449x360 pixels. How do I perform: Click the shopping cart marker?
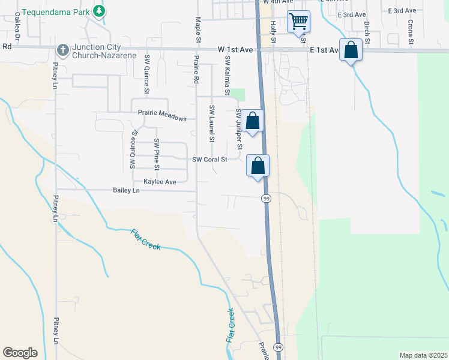pos(298,22)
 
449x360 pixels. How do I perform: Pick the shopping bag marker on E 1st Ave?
pos(351,50)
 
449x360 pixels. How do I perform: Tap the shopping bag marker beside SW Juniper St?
pos(253,121)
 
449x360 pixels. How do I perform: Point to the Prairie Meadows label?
pos(162,118)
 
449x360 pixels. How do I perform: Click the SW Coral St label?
pos(209,160)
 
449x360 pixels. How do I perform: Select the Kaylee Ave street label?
pos(160,181)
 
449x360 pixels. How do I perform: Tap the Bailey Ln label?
pos(126,190)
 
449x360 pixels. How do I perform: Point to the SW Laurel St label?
pos(211,123)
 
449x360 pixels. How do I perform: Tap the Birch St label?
pos(366,32)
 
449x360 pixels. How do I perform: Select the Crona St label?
pos(411,32)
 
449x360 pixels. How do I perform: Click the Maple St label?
pos(198,30)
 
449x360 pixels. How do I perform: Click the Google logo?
pos(20,353)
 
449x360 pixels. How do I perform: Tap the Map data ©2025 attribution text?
pos(423,355)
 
